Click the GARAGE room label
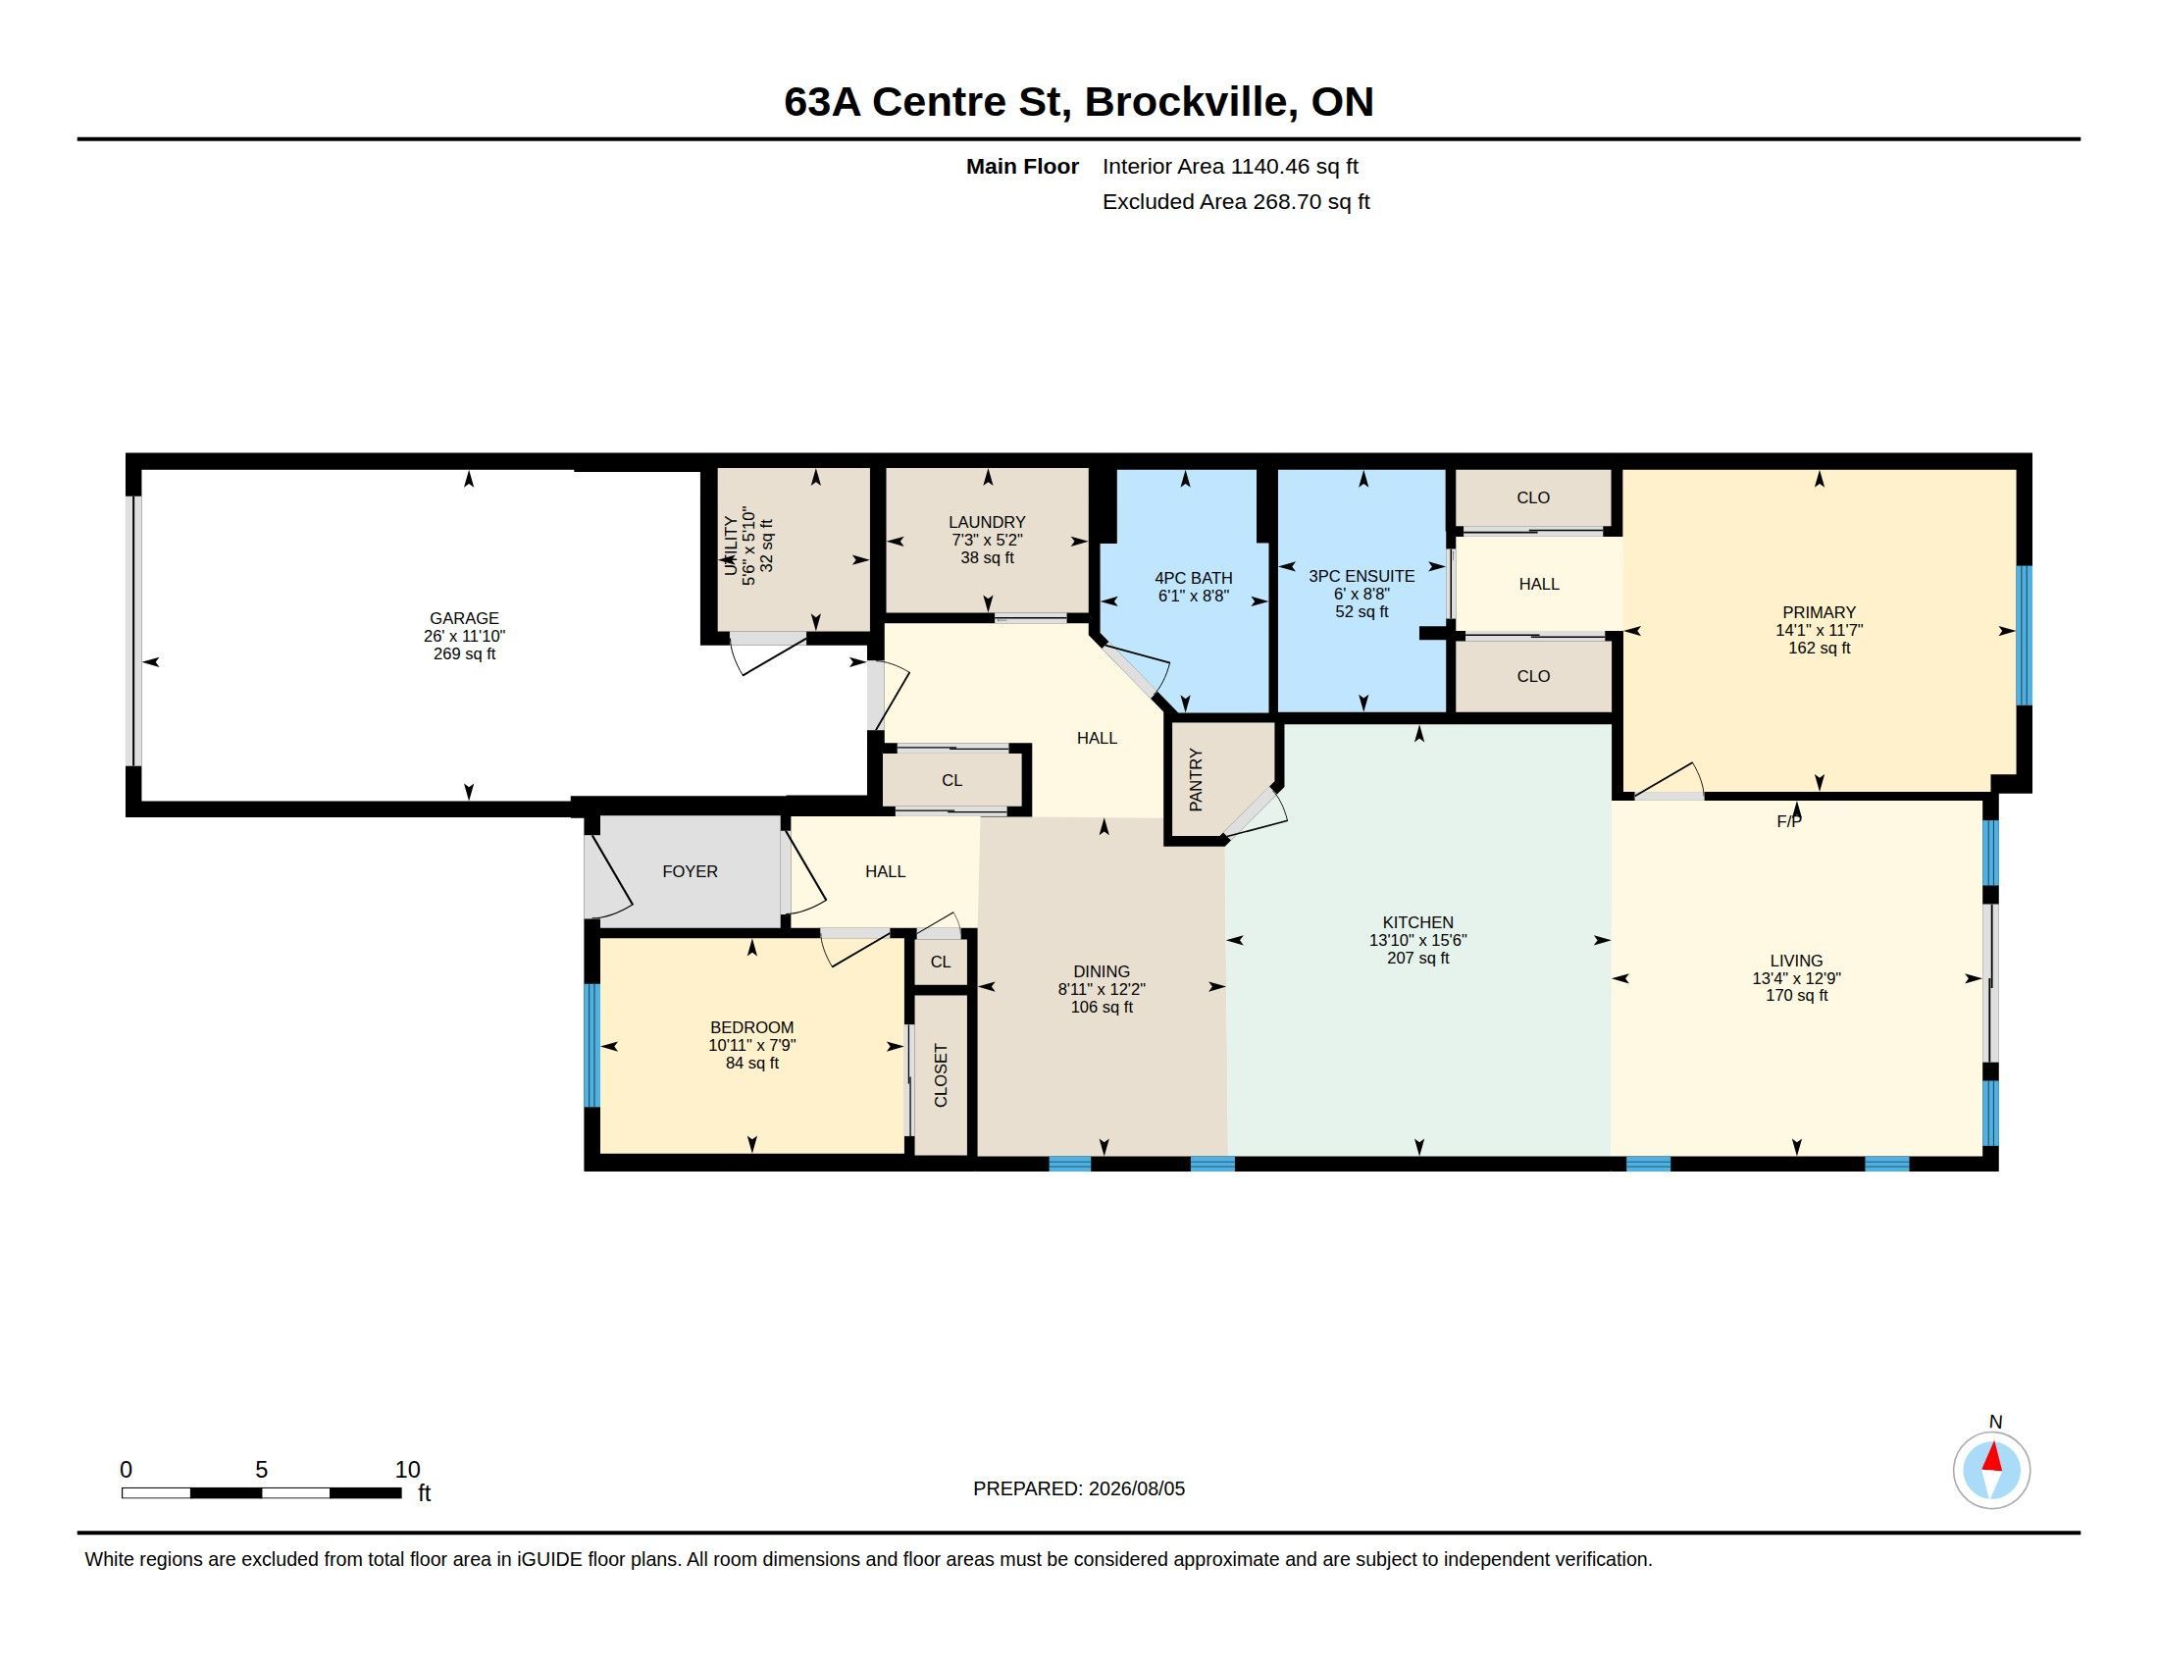tap(463, 618)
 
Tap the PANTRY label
tap(1196, 781)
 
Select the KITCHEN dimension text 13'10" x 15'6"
tap(1418, 941)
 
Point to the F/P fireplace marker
tap(1788, 821)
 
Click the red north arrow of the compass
tap(1992, 1458)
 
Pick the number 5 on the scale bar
tap(262, 1470)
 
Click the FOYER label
tap(690, 871)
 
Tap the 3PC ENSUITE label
tap(1362, 576)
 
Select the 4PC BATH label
tap(1194, 578)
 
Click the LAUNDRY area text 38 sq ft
tap(987, 558)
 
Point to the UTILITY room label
tap(731, 546)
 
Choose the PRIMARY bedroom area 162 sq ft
tap(1819, 649)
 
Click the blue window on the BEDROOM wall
tap(591, 1045)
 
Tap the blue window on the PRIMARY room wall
tap(2024, 635)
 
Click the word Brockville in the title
tap(1192, 102)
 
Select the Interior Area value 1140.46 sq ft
tap(1295, 167)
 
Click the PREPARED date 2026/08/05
tap(1136, 1489)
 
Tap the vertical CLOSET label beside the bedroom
tap(941, 1075)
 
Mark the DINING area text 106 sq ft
tap(1102, 1007)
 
